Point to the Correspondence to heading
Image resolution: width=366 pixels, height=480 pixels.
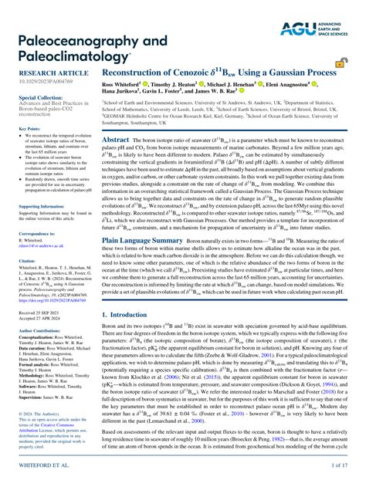coord(36,232)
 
